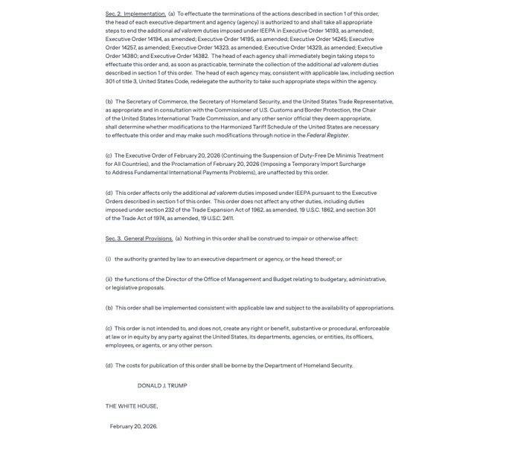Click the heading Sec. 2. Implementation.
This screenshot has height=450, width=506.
[135, 13]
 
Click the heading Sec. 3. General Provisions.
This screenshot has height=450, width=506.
[138, 239]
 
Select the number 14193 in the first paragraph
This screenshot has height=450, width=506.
[333, 30]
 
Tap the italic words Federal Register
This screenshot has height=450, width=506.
[327, 135]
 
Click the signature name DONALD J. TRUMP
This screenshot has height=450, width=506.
[162, 385]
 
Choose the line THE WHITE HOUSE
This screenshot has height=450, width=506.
[132, 406]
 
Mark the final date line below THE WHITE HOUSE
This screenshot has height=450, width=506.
[133, 426]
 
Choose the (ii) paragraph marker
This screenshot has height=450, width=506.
[109, 279]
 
